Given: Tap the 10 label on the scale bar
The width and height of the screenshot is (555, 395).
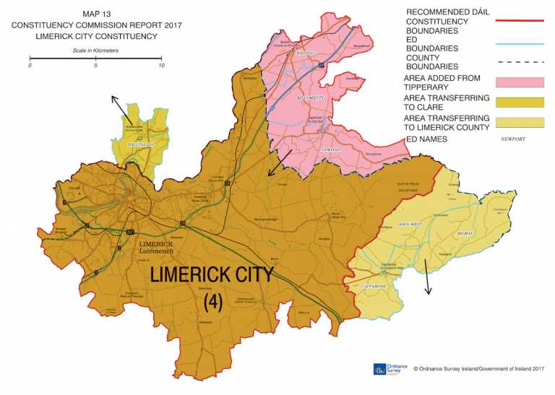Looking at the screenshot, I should (161, 65).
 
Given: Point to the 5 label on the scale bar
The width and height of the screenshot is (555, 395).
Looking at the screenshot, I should (95, 65).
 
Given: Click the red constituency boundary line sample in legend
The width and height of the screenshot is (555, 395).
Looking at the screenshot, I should (520, 22).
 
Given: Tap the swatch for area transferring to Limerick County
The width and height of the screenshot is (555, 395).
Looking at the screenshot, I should (520, 122).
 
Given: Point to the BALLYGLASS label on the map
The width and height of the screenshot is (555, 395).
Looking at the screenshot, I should (139, 144).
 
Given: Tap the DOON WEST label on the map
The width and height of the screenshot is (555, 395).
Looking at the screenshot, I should (408, 225).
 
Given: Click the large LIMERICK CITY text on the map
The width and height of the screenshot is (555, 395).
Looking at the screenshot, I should (212, 275).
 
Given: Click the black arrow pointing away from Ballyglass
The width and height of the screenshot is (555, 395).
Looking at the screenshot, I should (120, 108).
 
